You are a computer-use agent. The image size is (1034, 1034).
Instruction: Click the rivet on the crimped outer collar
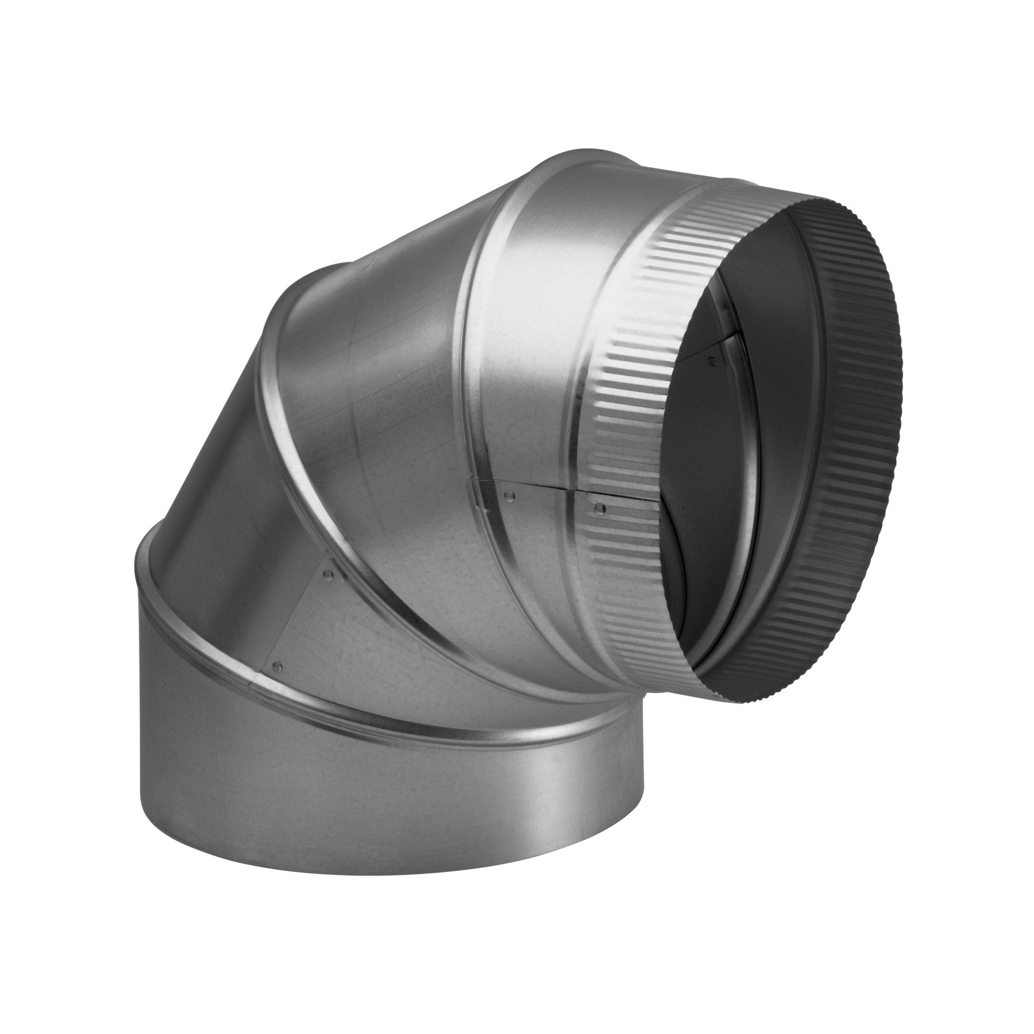point(600,507)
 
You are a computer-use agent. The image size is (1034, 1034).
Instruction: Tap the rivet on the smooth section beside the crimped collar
point(507,493)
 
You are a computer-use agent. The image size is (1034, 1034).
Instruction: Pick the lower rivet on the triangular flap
point(279,666)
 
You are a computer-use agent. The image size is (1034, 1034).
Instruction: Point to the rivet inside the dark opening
point(713,361)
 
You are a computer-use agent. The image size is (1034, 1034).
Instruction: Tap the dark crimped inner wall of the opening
point(856,402)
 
